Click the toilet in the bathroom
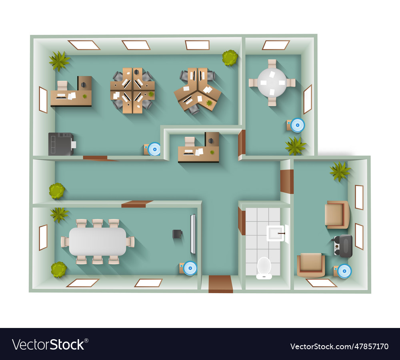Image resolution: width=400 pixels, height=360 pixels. point(264,267)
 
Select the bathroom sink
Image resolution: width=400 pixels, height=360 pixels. point(275,233)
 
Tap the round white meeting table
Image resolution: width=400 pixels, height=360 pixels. point(272,82)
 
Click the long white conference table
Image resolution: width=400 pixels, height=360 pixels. point(98,241)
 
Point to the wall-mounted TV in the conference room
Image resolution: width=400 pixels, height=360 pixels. point(193,234)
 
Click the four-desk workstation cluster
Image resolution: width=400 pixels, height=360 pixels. point(132,91)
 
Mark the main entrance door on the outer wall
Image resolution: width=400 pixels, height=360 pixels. point(220,284)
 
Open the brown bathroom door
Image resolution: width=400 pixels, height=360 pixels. point(242,221)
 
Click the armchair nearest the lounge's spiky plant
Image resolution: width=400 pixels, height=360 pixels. point(337,215)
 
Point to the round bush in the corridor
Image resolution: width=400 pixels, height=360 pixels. point(57,191)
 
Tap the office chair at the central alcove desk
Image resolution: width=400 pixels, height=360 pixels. point(190,141)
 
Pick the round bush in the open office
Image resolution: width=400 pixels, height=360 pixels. point(230,58)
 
